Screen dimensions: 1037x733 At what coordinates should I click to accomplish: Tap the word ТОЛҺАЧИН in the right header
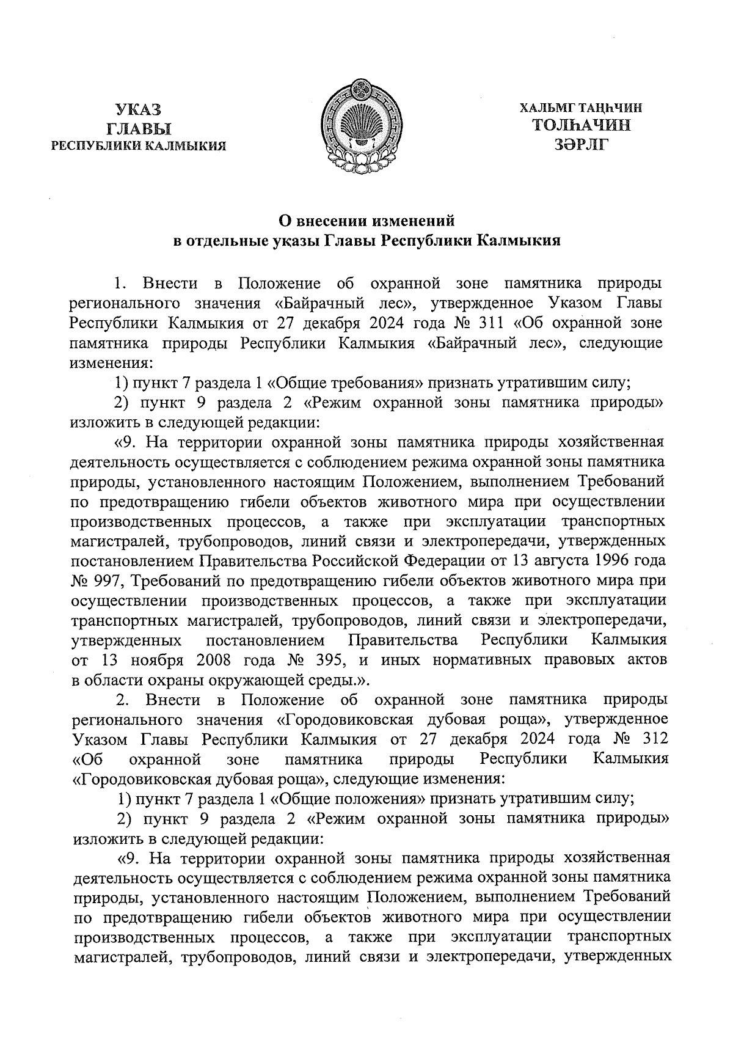(582, 126)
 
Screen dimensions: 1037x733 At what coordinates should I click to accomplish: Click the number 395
(332, 660)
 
